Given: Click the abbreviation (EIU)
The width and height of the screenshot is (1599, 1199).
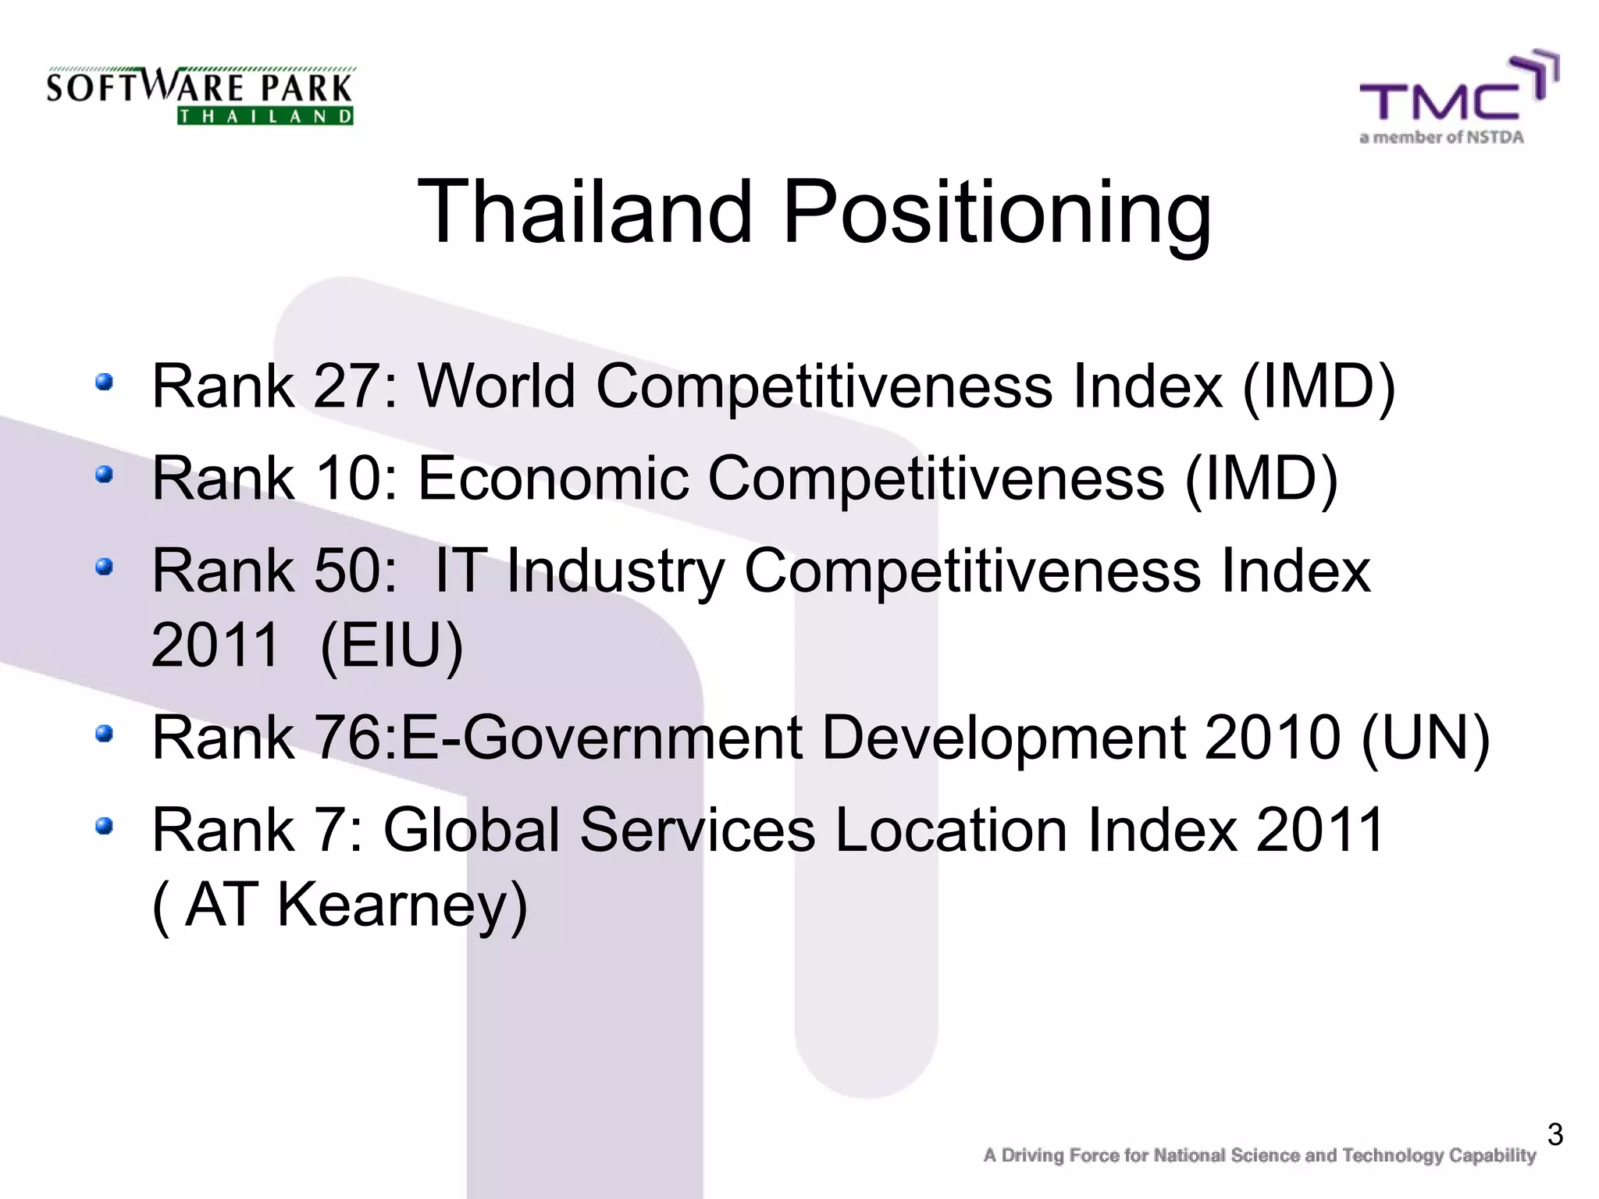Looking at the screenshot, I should click(391, 646).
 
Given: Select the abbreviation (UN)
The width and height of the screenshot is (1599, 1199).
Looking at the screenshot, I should click(1425, 737).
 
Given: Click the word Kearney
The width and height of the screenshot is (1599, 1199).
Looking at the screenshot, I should click(402, 905).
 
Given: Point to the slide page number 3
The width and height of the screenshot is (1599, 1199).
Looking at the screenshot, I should click(1554, 1134).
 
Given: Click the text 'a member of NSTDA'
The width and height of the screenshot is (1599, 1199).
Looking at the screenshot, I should click(1441, 138).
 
